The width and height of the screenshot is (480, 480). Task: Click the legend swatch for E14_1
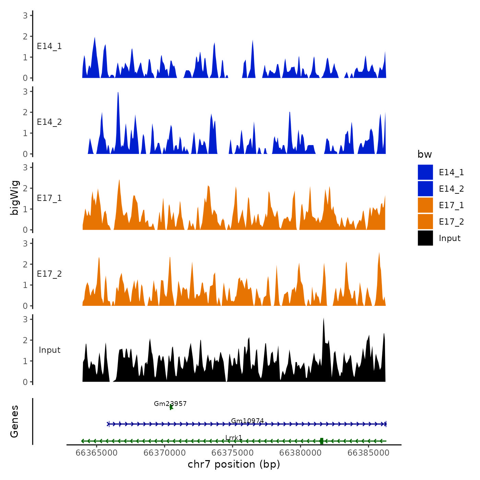(425, 172)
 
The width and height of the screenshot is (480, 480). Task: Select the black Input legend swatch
(425, 238)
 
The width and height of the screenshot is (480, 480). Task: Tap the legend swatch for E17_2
(425, 221)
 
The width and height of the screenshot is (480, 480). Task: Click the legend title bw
(424, 155)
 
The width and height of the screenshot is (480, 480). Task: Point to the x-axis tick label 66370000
(165, 453)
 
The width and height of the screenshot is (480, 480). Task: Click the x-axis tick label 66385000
(368, 453)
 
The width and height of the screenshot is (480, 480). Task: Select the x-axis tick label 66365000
(97, 453)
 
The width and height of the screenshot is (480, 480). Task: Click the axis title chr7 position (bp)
(234, 465)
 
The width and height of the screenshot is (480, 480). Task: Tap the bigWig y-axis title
(15, 198)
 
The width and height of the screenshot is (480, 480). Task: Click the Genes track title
(15, 421)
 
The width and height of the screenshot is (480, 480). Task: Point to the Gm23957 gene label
(170, 404)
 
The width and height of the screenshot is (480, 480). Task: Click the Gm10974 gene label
(247, 421)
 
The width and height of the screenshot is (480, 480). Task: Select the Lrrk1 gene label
(234, 437)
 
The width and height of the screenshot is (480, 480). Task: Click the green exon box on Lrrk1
(321, 441)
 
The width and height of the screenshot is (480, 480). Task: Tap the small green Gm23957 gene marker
(171, 407)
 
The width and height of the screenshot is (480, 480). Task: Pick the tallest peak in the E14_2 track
(118, 93)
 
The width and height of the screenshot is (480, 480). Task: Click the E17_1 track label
(49, 198)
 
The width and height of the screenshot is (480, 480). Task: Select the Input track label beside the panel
(49, 350)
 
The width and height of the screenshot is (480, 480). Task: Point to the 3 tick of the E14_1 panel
(25, 15)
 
